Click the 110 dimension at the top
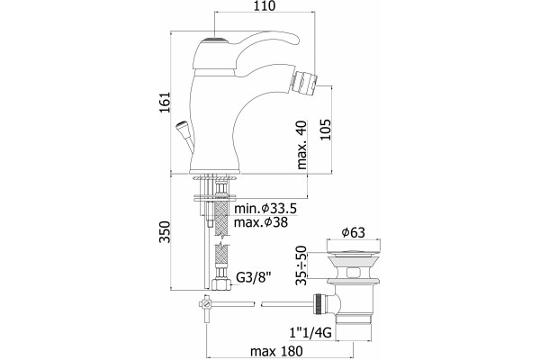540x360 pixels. pos(265,6)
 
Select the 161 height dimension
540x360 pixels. pos(166,102)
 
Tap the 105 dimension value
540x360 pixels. pos(326,130)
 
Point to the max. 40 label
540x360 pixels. pos(301,145)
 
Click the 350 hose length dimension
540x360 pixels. pos(166,232)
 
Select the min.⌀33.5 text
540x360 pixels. pos(265,209)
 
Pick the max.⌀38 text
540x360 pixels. pos(261,222)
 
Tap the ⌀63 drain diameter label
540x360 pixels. pos(354,232)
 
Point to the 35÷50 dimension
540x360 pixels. pos(301,265)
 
